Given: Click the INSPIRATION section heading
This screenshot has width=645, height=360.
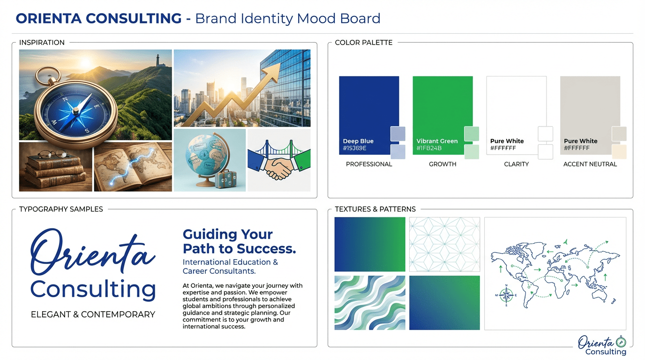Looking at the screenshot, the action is coord(42,42).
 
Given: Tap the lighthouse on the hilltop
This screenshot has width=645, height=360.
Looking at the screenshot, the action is coord(158,60).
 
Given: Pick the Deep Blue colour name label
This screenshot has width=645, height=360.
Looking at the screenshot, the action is coord(358,141).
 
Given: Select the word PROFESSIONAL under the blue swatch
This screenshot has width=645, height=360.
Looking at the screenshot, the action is coord(369,164).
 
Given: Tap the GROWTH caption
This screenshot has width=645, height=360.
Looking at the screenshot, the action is coord(442,164).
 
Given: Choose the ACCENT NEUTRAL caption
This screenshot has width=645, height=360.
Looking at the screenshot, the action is coord(590,164).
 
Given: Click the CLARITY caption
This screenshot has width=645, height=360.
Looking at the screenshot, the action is coord(516,164).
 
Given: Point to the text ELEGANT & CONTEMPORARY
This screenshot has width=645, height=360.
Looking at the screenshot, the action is coord(93,315).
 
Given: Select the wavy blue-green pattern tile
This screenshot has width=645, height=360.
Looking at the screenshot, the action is coord(370,303).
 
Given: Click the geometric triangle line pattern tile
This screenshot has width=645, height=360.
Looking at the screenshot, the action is coord(444,244).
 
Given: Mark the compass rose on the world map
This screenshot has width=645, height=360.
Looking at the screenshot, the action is coord(506,295).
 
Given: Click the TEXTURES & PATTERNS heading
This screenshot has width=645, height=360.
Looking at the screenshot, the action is coord(375,209).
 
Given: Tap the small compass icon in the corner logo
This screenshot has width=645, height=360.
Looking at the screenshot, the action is coord(621,342).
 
